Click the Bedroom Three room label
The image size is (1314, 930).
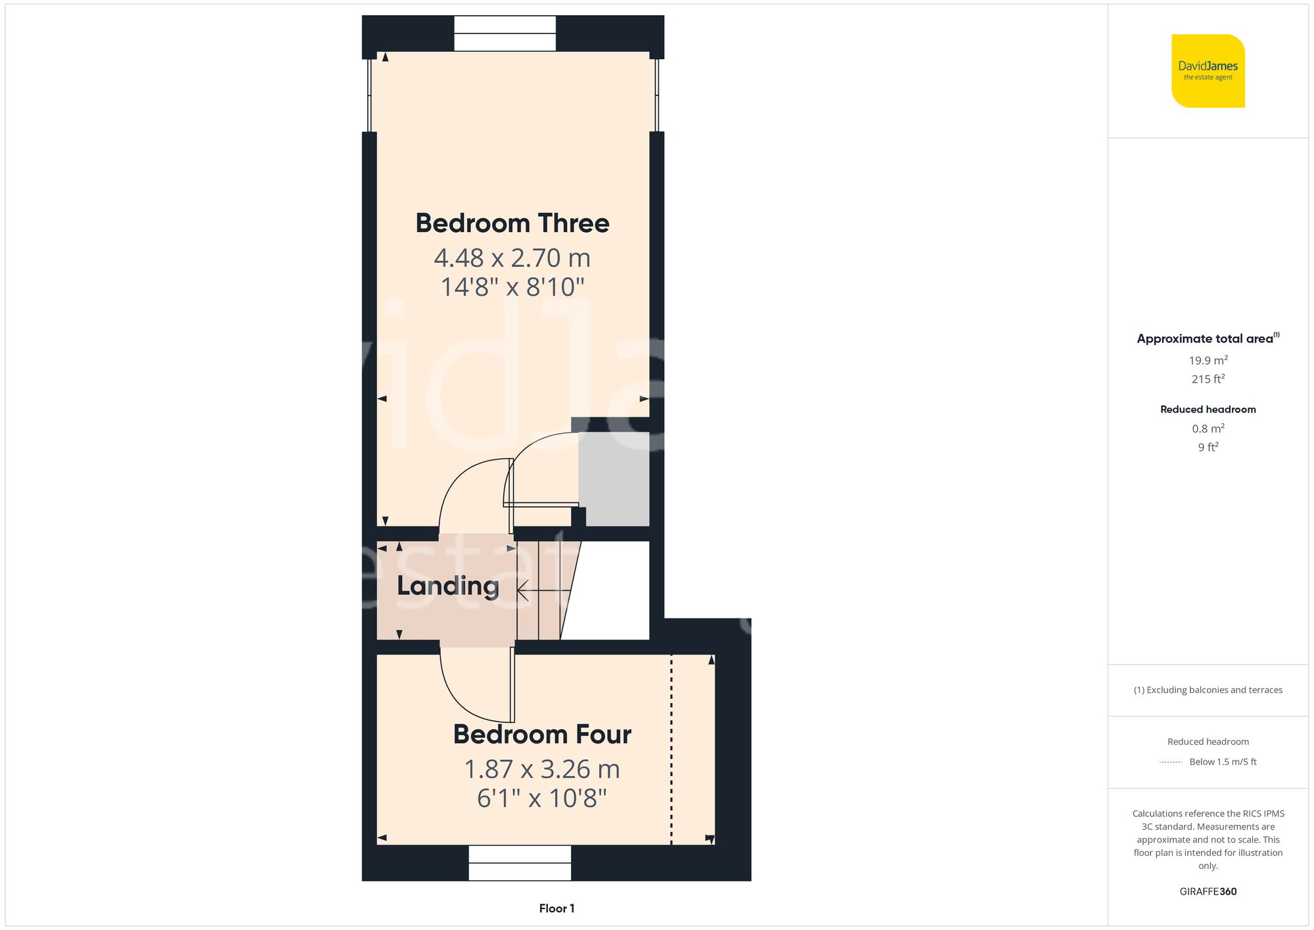(x=512, y=223)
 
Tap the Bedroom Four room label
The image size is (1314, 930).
(x=542, y=734)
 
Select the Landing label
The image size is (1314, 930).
(x=448, y=586)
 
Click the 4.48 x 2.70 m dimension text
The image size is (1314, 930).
(x=512, y=258)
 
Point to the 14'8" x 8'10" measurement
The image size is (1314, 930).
(x=512, y=287)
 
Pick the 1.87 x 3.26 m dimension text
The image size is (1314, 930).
(x=542, y=769)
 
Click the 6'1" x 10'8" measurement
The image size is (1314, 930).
(x=542, y=799)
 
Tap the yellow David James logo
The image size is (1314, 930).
(x=1208, y=71)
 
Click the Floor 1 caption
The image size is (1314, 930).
(x=556, y=908)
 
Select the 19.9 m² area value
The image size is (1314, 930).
(x=1208, y=360)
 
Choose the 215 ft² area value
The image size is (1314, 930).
(x=1208, y=379)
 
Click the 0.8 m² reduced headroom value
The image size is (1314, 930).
(x=1208, y=429)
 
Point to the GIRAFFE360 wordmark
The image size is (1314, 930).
(x=1208, y=892)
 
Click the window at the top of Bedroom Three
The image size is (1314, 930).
(x=505, y=34)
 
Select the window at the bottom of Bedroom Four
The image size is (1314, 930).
(x=520, y=862)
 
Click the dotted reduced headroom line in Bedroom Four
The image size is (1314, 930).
(x=671, y=749)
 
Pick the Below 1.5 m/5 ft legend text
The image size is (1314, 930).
(x=1223, y=762)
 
